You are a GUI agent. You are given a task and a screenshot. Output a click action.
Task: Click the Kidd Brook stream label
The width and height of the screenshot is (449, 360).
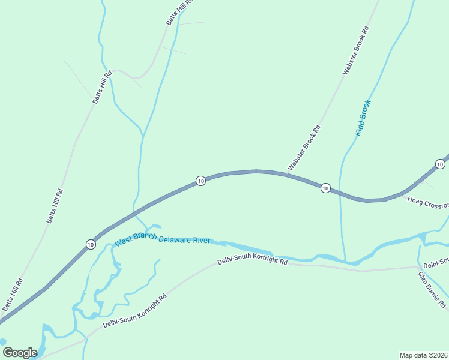tap(364, 118)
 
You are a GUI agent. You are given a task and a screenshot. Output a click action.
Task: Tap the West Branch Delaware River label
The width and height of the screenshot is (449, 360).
tap(162, 240)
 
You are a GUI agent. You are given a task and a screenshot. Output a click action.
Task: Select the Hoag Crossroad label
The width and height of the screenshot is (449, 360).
tap(427, 203)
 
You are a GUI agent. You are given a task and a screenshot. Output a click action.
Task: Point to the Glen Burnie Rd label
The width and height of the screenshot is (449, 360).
tap(432, 290)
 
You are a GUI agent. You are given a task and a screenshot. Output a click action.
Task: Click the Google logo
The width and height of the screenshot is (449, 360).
tap(20, 353)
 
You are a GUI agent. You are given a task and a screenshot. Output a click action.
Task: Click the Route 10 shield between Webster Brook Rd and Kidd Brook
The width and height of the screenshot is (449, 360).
tap(325, 188)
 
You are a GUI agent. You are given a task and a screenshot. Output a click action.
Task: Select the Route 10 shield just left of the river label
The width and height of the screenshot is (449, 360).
tap(90, 244)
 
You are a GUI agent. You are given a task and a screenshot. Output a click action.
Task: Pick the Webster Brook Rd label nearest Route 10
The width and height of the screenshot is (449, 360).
tap(304, 148)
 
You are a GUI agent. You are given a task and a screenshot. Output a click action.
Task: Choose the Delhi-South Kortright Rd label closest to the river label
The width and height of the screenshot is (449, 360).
tap(252, 262)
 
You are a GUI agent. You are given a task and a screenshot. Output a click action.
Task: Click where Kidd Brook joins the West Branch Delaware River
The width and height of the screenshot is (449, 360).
tap(346, 261)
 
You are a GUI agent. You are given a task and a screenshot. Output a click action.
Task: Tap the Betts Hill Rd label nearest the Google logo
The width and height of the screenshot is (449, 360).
tap(12, 294)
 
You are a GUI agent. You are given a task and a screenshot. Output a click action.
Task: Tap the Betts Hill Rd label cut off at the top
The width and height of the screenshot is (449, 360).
tap(179, 12)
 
